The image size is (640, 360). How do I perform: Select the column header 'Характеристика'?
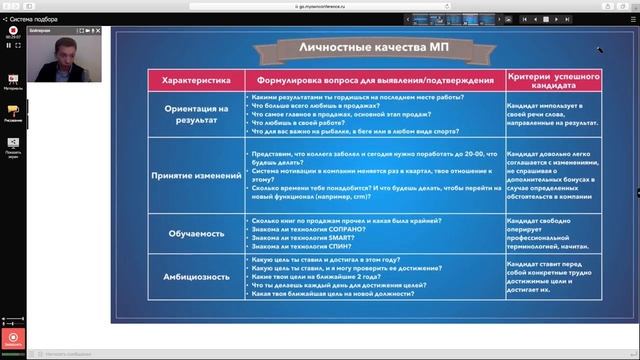click(x=196, y=78)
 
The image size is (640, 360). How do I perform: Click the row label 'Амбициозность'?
click(x=196, y=276)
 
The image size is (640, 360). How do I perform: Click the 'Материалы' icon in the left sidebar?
click(x=13, y=80)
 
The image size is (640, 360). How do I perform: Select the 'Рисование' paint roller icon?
click(x=13, y=113)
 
